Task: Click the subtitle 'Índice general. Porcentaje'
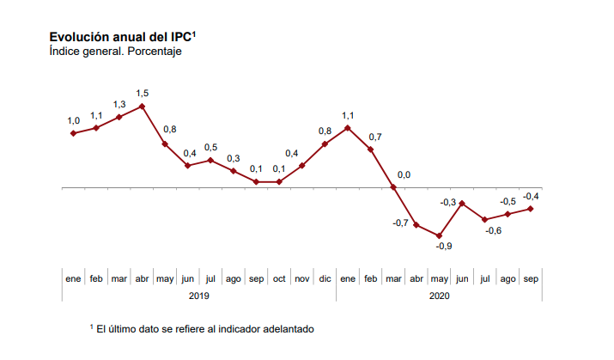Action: (x=115, y=52)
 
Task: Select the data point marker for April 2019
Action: (x=142, y=107)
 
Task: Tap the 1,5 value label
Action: (x=143, y=92)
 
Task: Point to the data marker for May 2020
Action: (x=440, y=235)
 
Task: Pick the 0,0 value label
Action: (x=404, y=175)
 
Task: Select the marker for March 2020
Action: (x=393, y=187)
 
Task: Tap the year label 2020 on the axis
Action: (x=438, y=296)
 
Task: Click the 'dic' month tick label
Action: (x=325, y=279)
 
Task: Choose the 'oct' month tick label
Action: (x=279, y=279)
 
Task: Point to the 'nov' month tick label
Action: (x=302, y=279)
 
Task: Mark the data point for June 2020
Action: (x=462, y=204)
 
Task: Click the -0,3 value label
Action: (x=447, y=202)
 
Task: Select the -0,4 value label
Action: (x=532, y=196)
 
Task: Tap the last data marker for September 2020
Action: (x=531, y=209)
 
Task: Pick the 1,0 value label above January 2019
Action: (x=74, y=121)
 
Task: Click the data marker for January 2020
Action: (x=348, y=128)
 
